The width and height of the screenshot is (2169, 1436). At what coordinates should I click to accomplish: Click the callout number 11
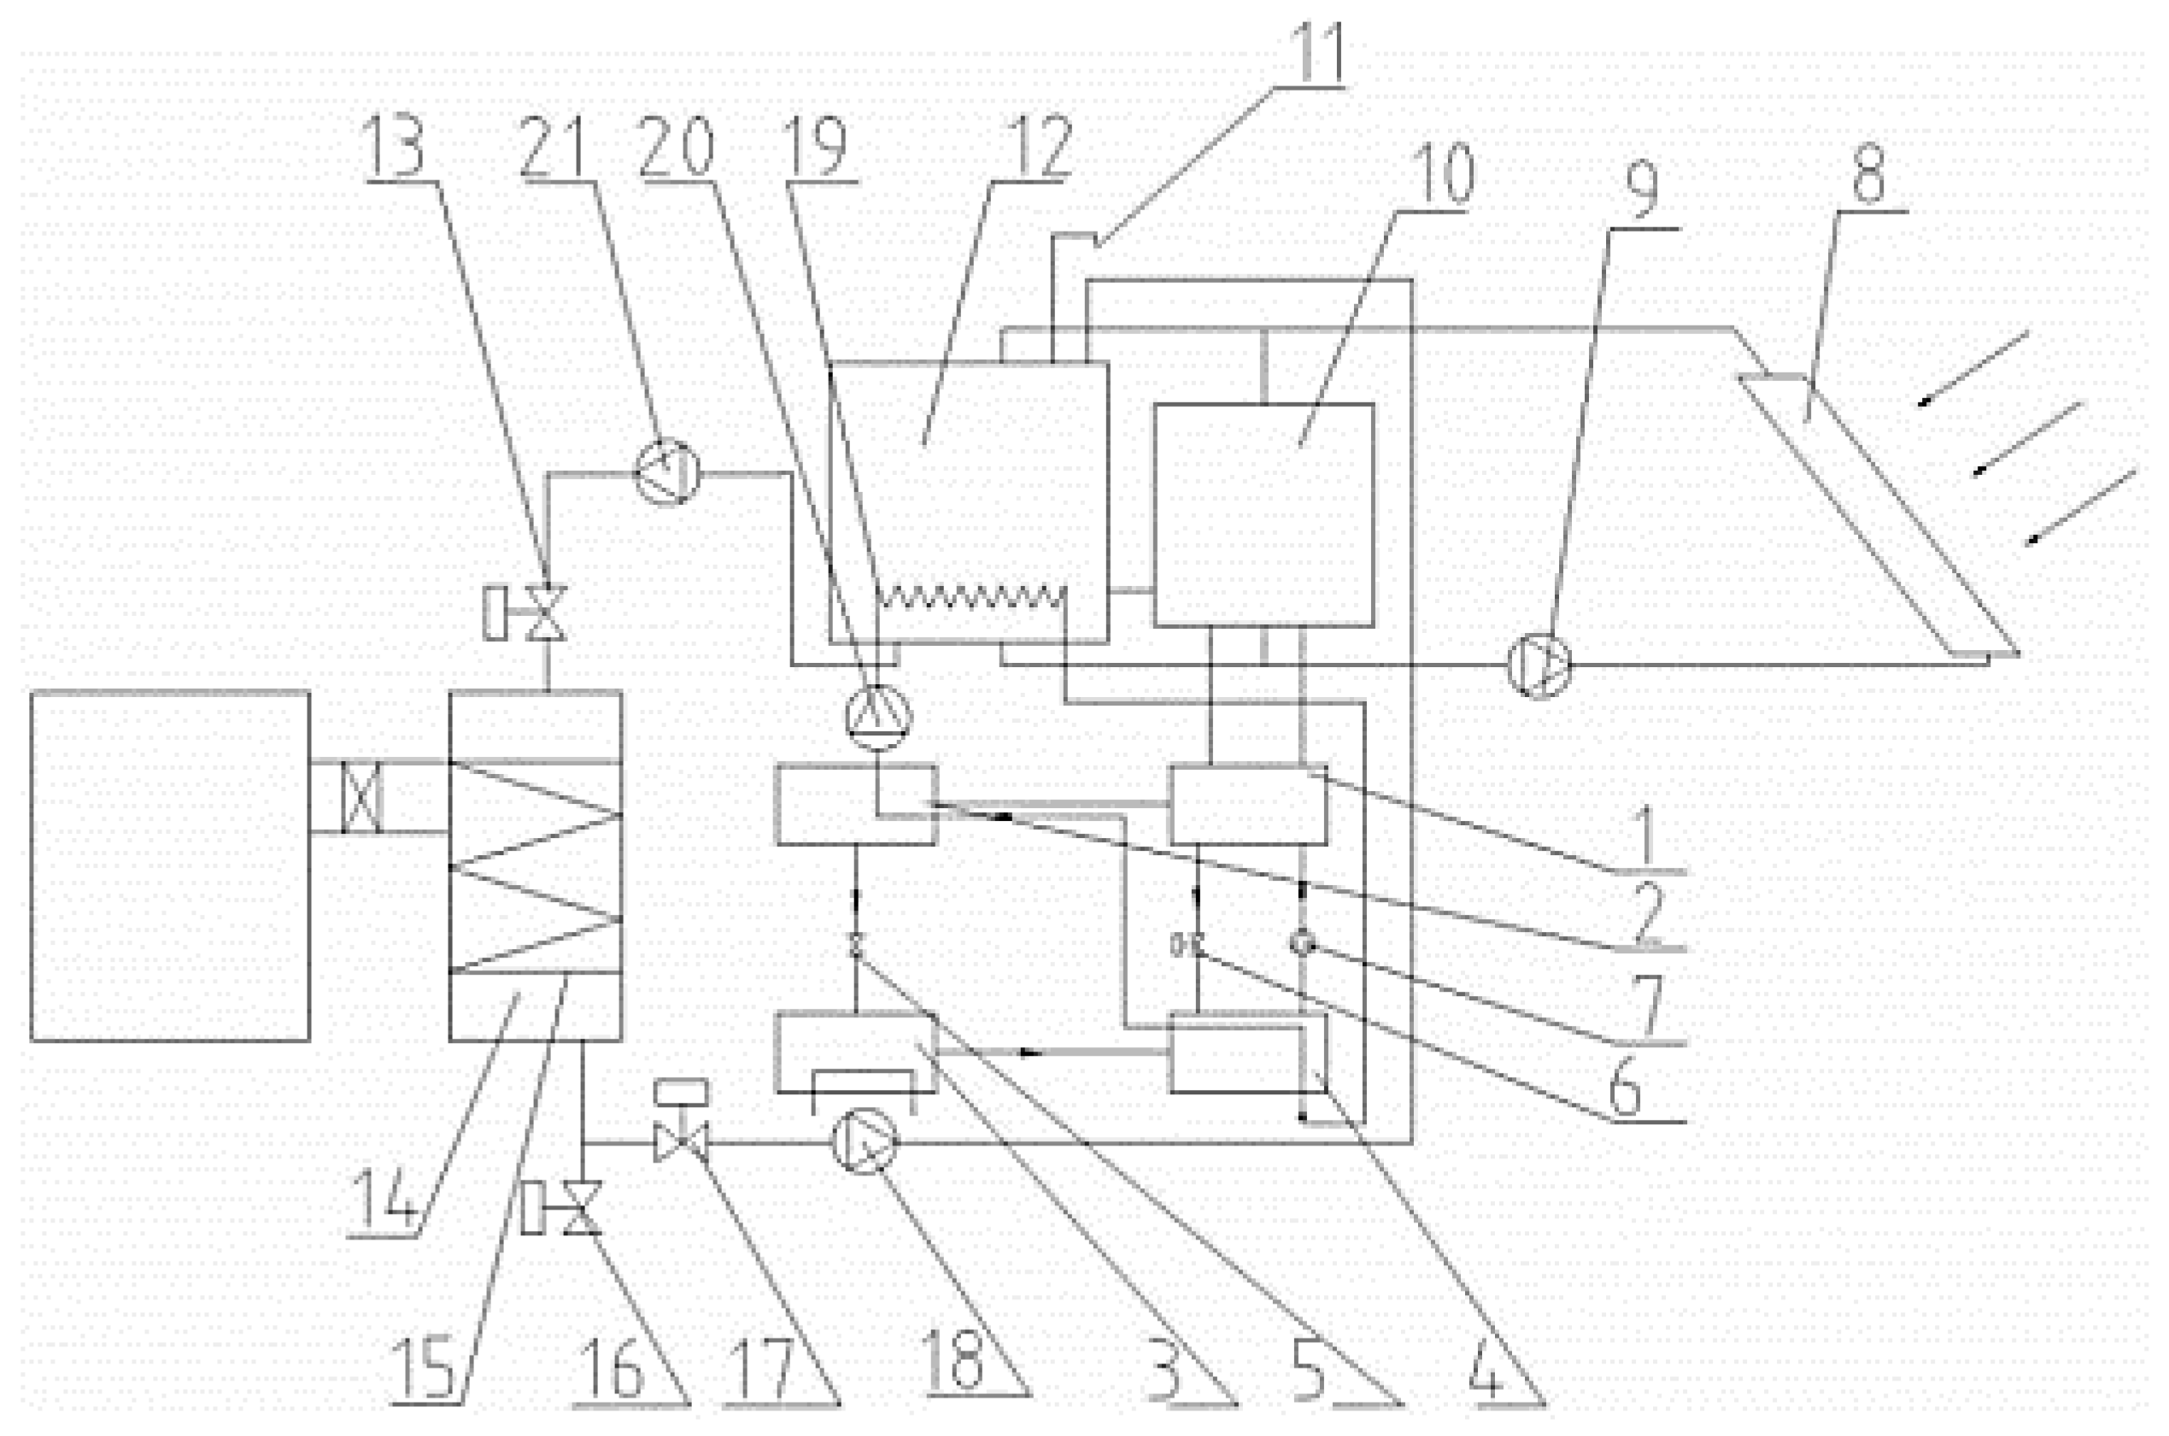coord(1317,52)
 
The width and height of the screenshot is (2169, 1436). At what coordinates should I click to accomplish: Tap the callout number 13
coord(395,148)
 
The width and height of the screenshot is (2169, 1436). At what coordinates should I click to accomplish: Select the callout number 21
coord(553,148)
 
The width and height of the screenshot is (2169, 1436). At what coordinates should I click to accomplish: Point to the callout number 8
coord(1868,175)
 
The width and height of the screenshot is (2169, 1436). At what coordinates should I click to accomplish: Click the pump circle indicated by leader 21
coord(667,472)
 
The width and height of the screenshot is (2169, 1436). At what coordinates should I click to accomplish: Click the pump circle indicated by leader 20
coord(878,715)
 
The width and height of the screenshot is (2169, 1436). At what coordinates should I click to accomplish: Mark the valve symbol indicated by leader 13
coord(548,612)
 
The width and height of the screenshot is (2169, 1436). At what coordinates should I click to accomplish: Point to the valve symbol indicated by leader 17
coord(680,1143)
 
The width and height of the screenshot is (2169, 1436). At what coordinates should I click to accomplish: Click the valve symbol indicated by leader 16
coord(583,1207)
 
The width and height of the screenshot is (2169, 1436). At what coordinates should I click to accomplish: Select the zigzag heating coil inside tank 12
coord(970,600)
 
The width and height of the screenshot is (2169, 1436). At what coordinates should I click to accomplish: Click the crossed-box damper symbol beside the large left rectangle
coord(361,798)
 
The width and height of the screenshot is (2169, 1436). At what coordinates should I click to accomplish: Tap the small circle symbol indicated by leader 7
coord(1302,942)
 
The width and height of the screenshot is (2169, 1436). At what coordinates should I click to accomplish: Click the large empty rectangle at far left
coord(170,865)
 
